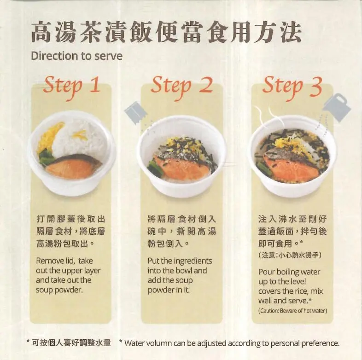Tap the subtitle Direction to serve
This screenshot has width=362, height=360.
76,56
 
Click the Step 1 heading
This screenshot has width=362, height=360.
72,87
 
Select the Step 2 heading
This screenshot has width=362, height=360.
181,87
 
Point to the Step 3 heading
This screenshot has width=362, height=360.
292,87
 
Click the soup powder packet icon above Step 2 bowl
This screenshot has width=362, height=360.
136,113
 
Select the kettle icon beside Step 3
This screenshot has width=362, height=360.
337,107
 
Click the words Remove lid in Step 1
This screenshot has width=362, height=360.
55,261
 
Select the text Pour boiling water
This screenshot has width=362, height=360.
289,272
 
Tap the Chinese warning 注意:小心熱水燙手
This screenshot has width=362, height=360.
290,255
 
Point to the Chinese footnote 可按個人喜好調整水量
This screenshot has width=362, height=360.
71,343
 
